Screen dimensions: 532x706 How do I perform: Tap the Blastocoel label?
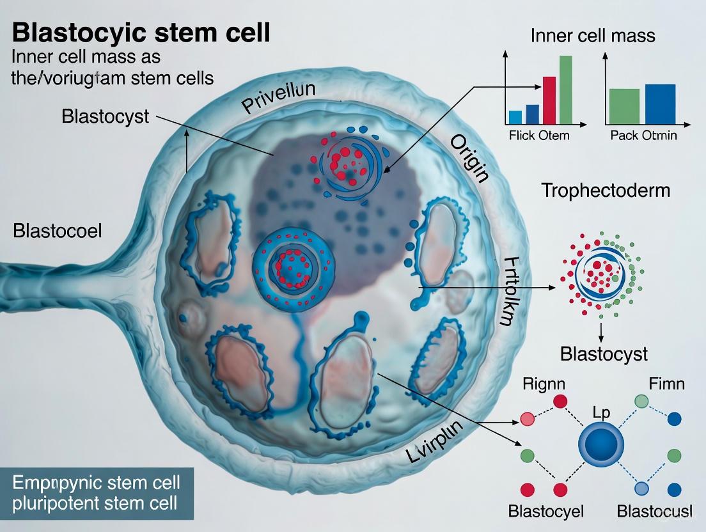57,231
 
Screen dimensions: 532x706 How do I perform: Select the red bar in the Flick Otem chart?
549,100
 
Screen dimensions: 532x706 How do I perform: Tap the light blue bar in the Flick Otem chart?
515,117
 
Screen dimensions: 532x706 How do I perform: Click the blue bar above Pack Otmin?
660,104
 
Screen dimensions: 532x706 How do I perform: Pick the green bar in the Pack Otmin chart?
624,106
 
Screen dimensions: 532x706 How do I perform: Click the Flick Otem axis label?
538,136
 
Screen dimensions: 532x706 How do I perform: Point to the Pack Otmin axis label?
643,136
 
